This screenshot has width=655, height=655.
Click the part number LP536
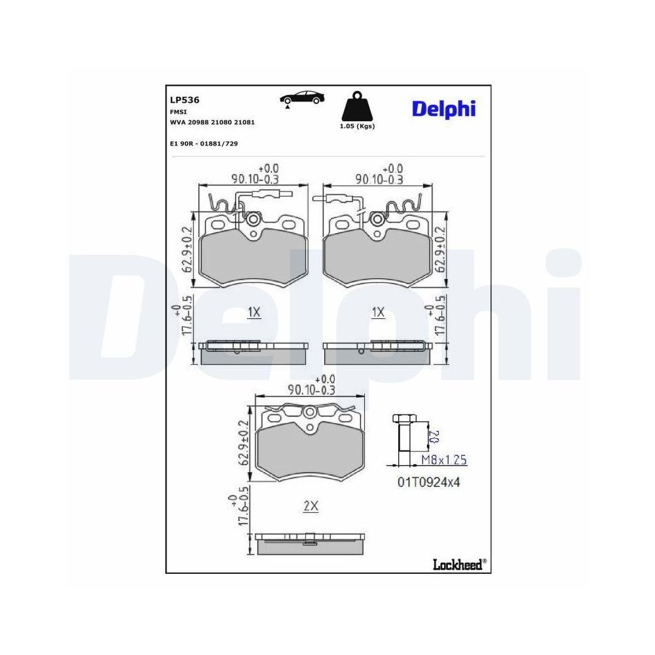coord(184,100)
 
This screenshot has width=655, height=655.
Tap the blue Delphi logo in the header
coord(443,109)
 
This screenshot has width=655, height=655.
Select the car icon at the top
coord(302,99)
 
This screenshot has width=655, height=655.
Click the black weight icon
coord(357,106)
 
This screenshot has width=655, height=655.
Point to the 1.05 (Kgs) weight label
coord(357,126)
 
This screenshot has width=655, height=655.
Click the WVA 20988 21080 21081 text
coord(212,122)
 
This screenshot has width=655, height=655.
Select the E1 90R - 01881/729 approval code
coord(204,143)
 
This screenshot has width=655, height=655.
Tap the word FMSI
coord(178,112)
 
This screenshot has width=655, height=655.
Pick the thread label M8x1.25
coord(443,460)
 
